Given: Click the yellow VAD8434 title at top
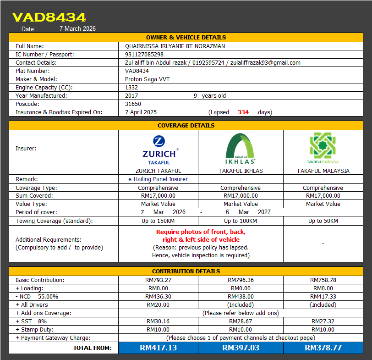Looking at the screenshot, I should tap(49, 17).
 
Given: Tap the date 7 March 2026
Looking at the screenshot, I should tap(77, 28).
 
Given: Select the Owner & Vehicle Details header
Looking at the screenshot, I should tap(186, 37).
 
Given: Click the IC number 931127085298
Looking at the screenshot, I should tap(144, 55).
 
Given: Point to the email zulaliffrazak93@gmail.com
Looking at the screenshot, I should tap(265, 63).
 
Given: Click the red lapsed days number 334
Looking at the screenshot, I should tap(243, 112).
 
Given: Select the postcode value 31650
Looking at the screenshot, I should tap(133, 104).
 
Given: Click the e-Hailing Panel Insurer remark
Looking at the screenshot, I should tap(158, 179).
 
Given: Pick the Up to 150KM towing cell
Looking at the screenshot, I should tap(158, 221).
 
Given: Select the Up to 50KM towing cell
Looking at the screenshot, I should tap(323, 221).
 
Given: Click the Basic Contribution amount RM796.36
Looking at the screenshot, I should tap(241, 280).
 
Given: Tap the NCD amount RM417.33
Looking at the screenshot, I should tap(323, 297).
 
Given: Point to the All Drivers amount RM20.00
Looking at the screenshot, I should tap(158, 305).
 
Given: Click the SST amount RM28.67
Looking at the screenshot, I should tap(241, 321).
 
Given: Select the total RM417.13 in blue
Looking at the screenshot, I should tap(158, 348).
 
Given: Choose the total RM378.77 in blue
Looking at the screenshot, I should tap(323, 348).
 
